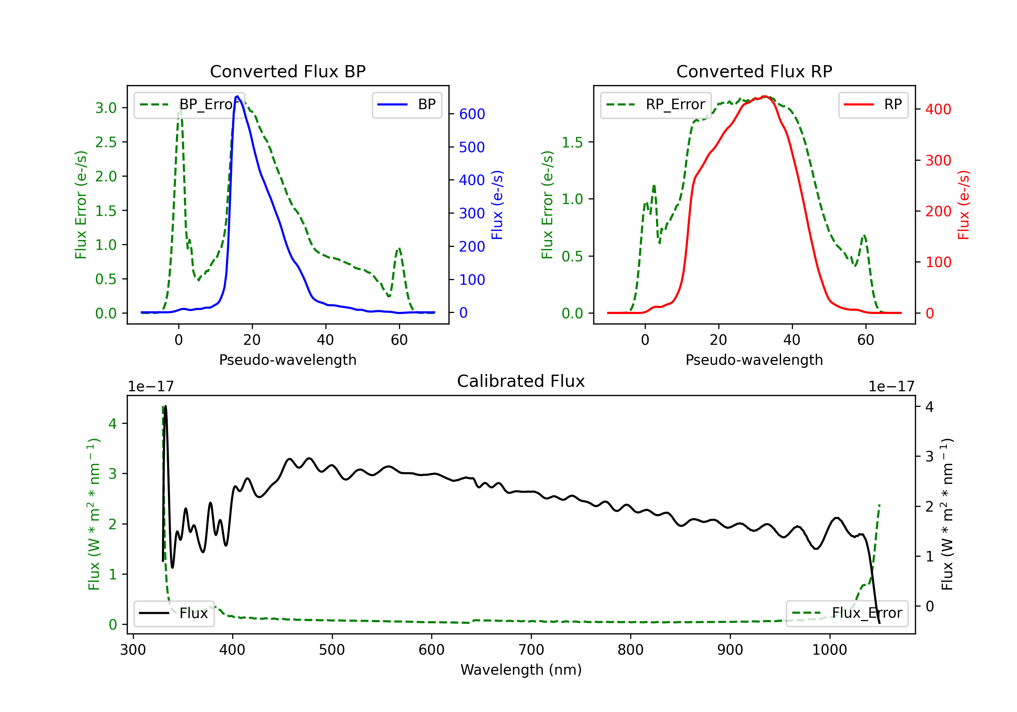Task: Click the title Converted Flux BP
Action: (x=288, y=71)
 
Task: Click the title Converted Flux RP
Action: (x=754, y=71)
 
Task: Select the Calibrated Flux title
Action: (x=521, y=381)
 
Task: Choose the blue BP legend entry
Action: (x=406, y=104)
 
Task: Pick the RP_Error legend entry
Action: (x=656, y=104)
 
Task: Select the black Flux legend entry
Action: (x=174, y=613)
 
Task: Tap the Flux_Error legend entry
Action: (x=847, y=613)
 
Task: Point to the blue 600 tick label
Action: (x=472, y=114)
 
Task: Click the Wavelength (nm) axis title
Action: (x=521, y=670)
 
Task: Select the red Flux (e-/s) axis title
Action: (x=963, y=205)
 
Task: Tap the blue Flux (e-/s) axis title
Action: (x=497, y=205)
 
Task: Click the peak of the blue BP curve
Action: (x=237, y=96)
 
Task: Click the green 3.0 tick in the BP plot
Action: (x=106, y=108)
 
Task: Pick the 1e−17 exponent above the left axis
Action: (x=151, y=387)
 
